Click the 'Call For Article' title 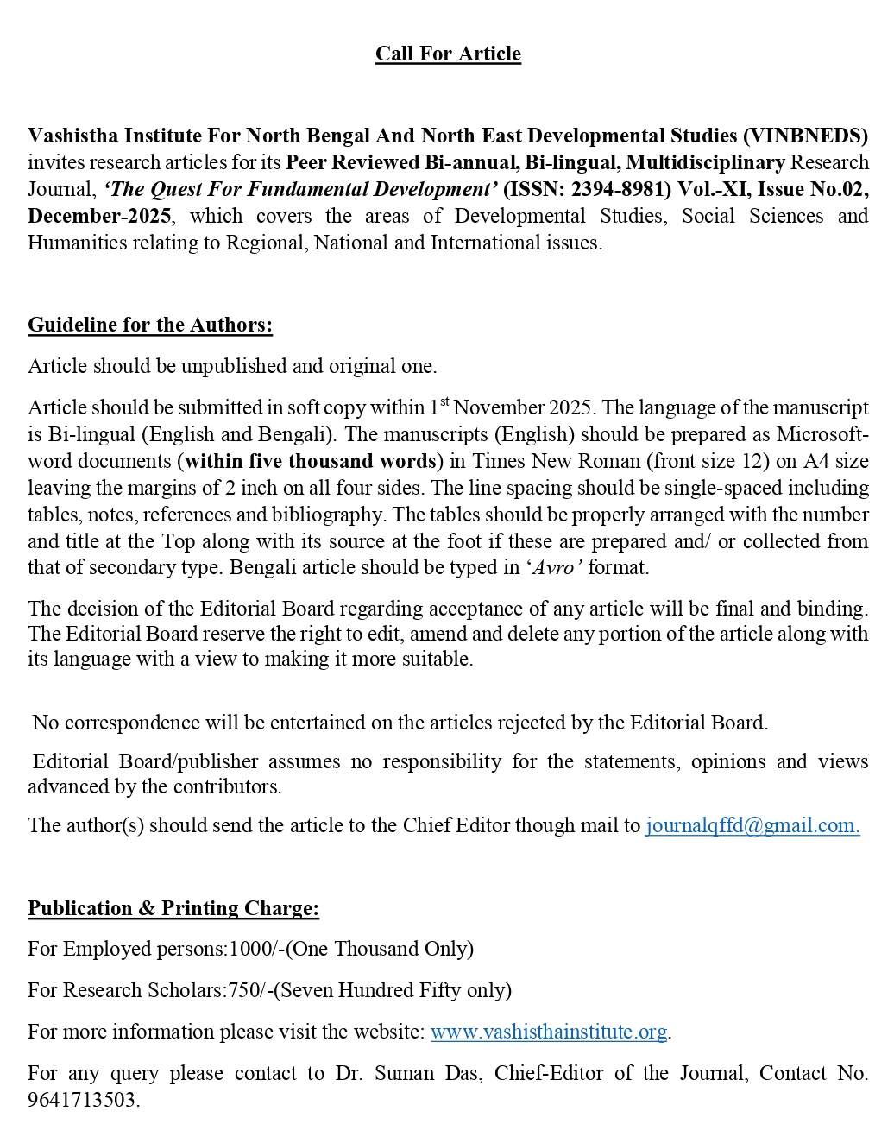[x=448, y=54]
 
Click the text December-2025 [x=99, y=216]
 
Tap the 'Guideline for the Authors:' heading [x=150, y=325]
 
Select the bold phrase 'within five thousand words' [x=311, y=461]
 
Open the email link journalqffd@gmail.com [x=752, y=825]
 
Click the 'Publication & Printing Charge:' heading [x=173, y=908]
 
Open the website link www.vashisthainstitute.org [x=549, y=1032]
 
